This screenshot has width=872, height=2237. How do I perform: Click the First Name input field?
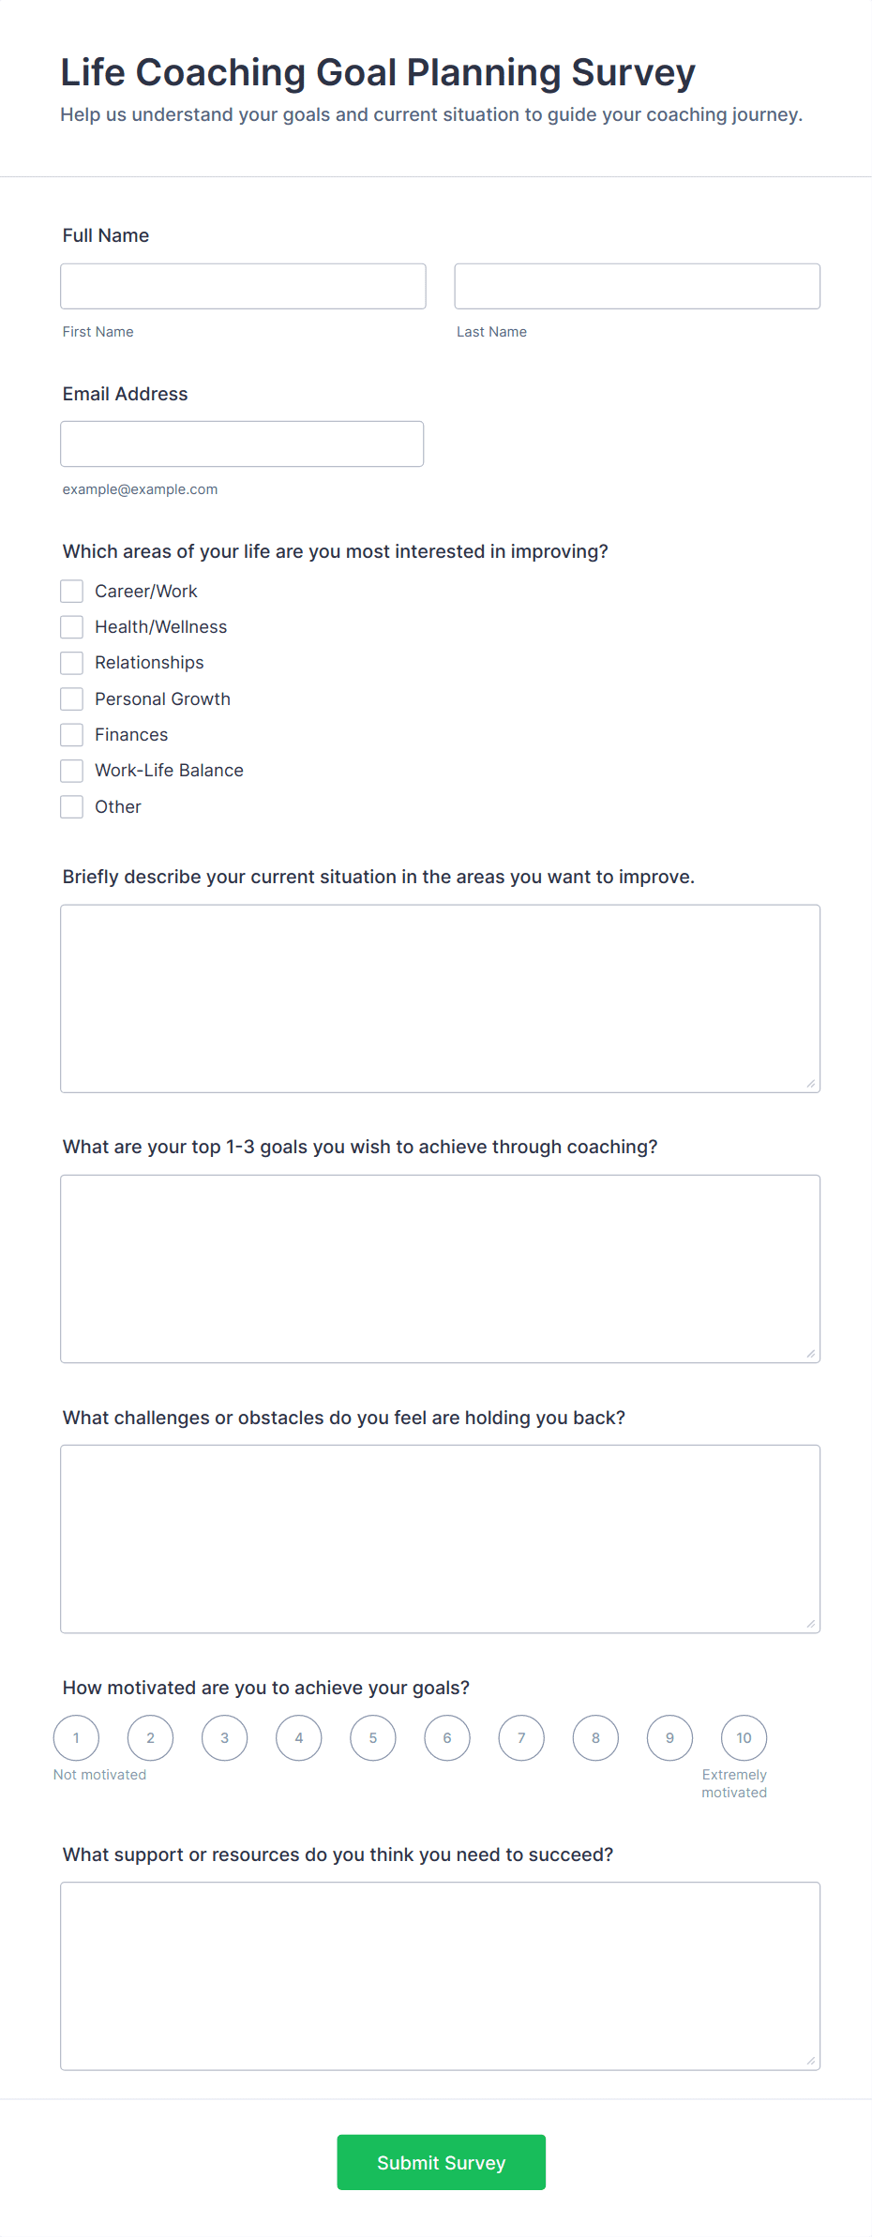(x=243, y=286)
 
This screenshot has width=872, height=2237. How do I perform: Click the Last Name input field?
(x=637, y=286)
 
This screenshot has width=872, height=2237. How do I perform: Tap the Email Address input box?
(x=242, y=443)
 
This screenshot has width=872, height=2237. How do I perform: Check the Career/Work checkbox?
(x=72, y=591)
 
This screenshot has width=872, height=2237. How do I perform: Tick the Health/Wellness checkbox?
(x=72, y=626)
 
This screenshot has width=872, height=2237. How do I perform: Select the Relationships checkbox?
(x=72, y=663)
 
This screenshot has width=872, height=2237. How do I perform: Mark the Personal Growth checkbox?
(x=72, y=698)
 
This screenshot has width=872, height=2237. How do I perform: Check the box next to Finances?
(x=72, y=734)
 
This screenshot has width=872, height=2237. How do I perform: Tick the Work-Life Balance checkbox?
(x=72, y=771)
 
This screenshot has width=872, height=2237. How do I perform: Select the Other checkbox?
(x=72, y=806)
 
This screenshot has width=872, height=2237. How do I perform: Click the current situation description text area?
(x=440, y=998)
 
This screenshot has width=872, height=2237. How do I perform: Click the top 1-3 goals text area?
(x=440, y=1269)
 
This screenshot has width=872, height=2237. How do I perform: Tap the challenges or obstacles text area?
(x=440, y=1539)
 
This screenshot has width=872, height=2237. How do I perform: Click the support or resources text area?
(x=440, y=1975)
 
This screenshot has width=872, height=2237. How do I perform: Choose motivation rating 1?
(x=76, y=1737)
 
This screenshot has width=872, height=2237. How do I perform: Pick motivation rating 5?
(x=373, y=1737)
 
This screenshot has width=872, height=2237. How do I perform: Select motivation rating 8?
(x=595, y=1737)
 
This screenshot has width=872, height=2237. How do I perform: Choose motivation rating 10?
(x=744, y=1737)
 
